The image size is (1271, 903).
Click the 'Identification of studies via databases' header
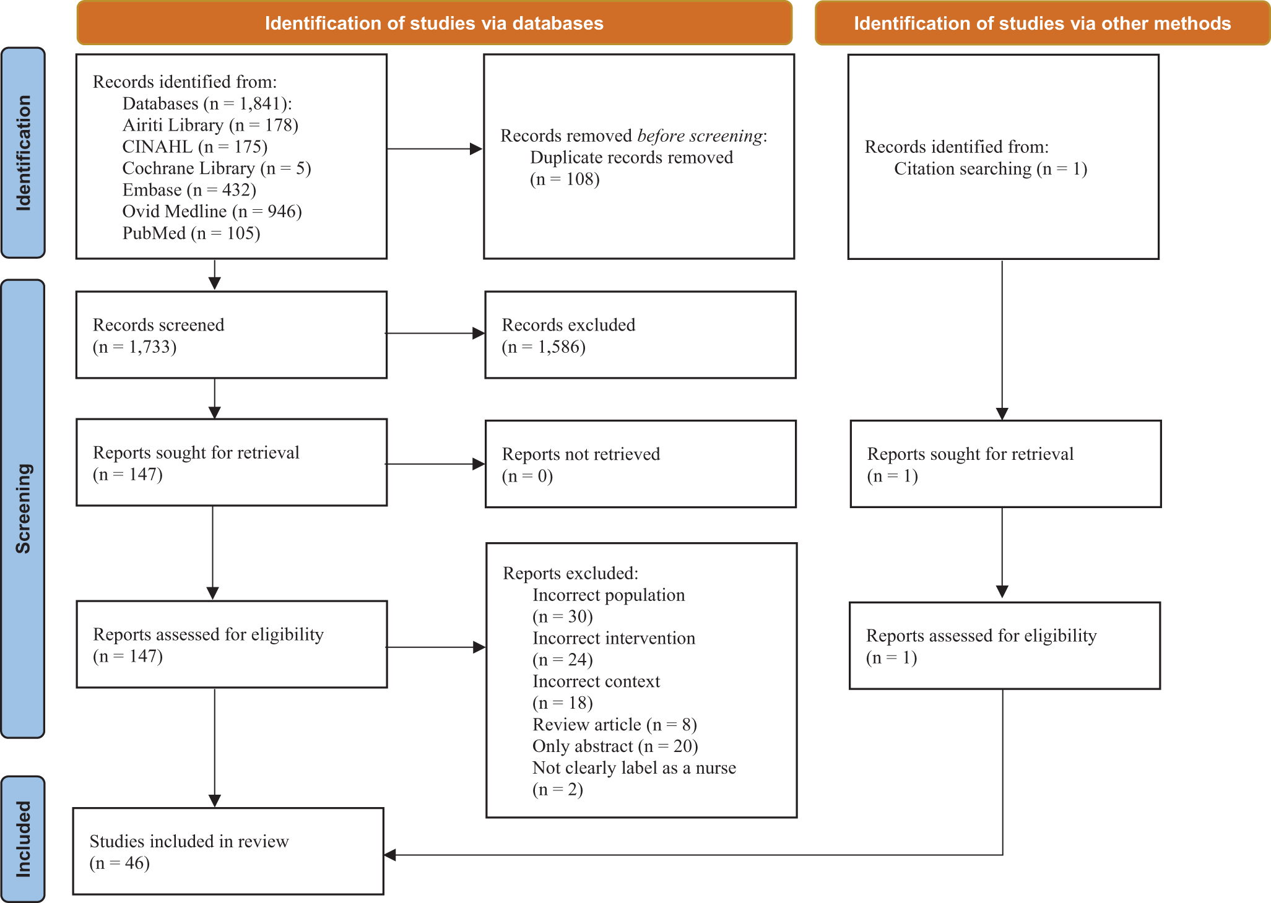pyautogui.click(x=434, y=23)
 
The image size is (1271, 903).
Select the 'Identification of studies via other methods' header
pyautogui.click(x=1043, y=23)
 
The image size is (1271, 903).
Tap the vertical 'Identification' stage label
pyautogui.click(x=23, y=152)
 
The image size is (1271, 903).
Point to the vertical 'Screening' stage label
pyautogui.click(x=23, y=508)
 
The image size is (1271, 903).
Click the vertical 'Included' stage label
pyautogui.click(x=23, y=839)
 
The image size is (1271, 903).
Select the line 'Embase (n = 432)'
pyautogui.click(x=189, y=190)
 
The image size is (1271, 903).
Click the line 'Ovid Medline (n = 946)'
pyautogui.click(x=212, y=212)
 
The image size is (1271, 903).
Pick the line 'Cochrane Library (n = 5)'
pyautogui.click(x=217, y=168)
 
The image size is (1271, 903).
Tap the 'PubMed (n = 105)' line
pyautogui.click(x=191, y=233)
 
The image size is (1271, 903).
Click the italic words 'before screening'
pyautogui.click(x=700, y=136)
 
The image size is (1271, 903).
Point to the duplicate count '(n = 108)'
pyautogui.click(x=565, y=179)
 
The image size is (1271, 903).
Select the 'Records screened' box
pyautogui.click(x=232, y=335)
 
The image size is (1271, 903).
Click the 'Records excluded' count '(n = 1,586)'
pyautogui.click(x=544, y=347)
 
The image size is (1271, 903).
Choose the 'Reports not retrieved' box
pyautogui.click(x=641, y=464)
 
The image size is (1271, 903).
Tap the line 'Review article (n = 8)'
pyautogui.click(x=615, y=725)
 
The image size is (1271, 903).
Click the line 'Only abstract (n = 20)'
pyautogui.click(x=615, y=746)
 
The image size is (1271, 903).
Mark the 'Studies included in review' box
pyautogui.click(x=228, y=851)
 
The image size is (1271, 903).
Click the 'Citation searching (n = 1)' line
pyautogui.click(x=991, y=169)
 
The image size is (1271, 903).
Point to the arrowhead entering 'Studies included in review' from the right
pyautogui.click(x=390, y=855)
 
